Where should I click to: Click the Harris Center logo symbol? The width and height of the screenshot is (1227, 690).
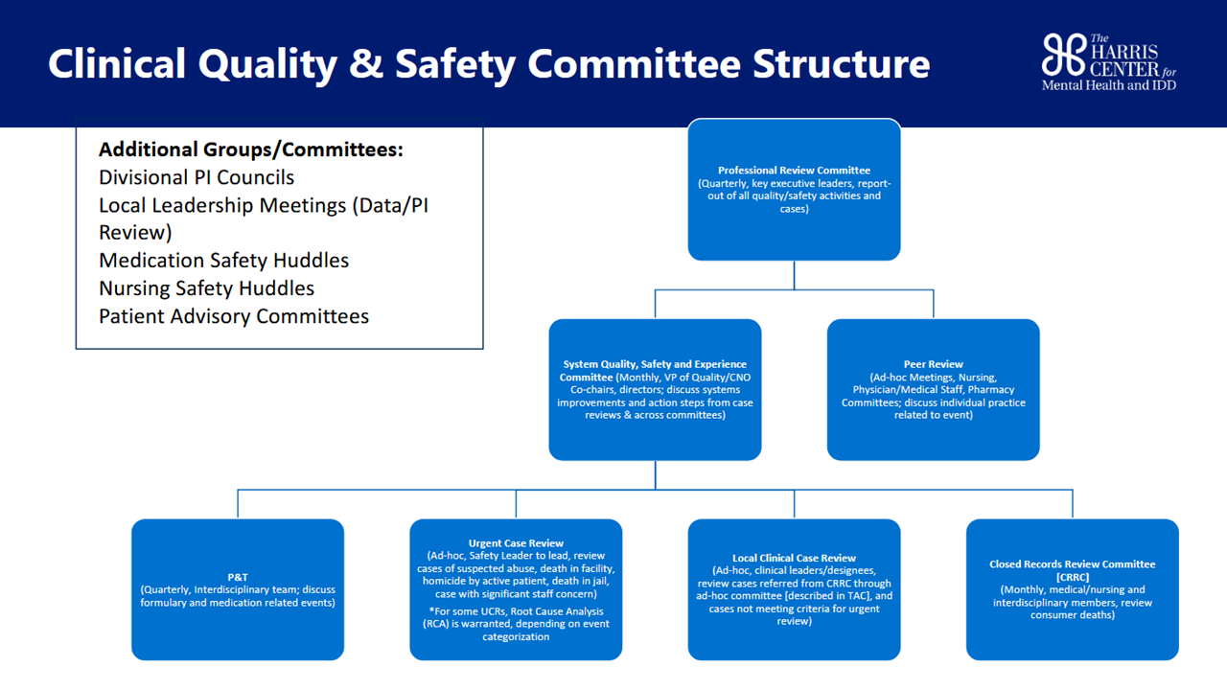click(1064, 55)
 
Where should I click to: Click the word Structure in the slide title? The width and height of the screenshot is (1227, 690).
click(841, 64)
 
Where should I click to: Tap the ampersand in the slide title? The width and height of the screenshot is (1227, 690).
click(366, 63)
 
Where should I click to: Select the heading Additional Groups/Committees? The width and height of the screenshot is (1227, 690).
click(251, 149)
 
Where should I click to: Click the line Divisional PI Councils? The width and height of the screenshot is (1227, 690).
click(197, 177)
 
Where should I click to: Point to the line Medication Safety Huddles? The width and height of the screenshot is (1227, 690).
click(223, 261)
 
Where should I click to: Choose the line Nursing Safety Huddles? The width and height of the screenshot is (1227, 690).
click(206, 288)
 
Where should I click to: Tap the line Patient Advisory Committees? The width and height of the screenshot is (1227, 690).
click(234, 316)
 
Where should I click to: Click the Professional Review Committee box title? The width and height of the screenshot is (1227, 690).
click(795, 171)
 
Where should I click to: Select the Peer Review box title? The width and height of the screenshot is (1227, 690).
click(934, 364)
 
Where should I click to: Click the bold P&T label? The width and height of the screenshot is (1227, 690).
click(238, 577)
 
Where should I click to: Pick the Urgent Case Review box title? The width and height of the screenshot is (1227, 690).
click(516, 543)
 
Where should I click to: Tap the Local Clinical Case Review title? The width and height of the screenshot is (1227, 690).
click(795, 558)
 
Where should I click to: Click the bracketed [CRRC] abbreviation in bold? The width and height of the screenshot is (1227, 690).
click(1073, 577)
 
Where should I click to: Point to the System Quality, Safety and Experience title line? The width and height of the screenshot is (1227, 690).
click(655, 364)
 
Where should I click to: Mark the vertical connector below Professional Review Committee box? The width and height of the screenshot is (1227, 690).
click(795, 275)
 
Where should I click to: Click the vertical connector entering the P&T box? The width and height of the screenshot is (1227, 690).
click(238, 504)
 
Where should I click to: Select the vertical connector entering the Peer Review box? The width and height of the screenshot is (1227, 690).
click(934, 304)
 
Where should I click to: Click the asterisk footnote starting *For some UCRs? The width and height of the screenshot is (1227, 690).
click(516, 624)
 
